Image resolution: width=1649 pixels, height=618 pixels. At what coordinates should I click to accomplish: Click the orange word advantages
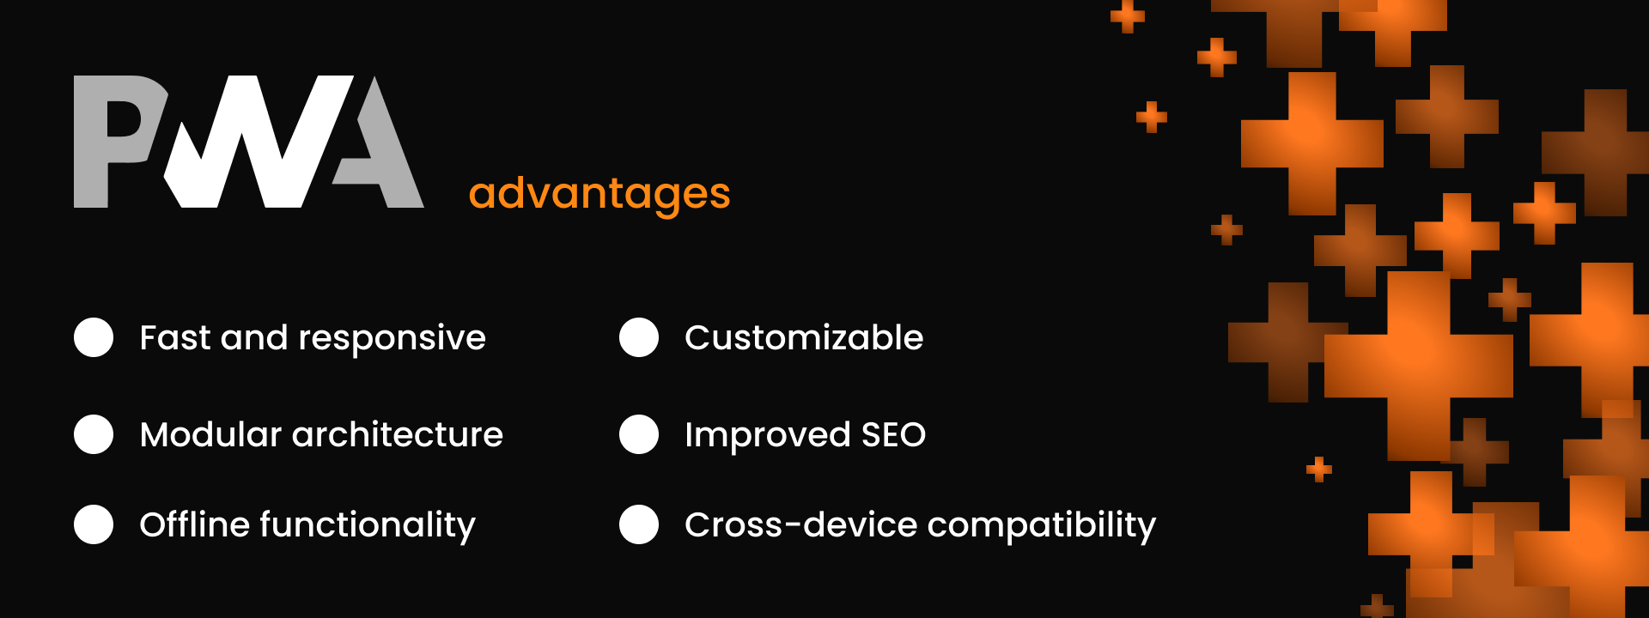pyautogui.click(x=599, y=194)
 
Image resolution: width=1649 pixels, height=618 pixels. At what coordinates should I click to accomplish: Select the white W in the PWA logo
pyautogui.click(x=258, y=142)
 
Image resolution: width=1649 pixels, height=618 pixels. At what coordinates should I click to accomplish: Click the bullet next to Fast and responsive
pyautogui.click(x=94, y=337)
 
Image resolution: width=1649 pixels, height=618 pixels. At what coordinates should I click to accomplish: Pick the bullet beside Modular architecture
pyautogui.click(x=94, y=434)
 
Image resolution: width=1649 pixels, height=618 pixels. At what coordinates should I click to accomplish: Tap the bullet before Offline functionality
pyautogui.click(x=94, y=524)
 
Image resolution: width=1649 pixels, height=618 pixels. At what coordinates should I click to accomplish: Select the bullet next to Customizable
pyautogui.click(x=639, y=337)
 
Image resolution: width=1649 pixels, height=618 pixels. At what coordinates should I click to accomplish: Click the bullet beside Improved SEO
pyautogui.click(x=639, y=434)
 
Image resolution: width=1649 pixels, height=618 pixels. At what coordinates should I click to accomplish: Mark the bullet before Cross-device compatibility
pyautogui.click(x=639, y=524)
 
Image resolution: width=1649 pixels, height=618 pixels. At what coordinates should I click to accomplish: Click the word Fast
pyautogui.click(x=175, y=337)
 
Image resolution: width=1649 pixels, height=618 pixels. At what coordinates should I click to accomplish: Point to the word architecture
pyautogui.click(x=398, y=434)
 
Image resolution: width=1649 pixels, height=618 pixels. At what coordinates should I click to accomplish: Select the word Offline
pyautogui.click(x=194, y=524)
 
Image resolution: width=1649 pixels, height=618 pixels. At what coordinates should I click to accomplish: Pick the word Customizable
pyautogui.click(x=804, y=337)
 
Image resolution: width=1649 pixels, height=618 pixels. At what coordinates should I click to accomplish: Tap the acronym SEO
pyautogui.click(x=893, y=434)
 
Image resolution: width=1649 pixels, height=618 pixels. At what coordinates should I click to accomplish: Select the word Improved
pyautogui.click(x=768, y=436)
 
